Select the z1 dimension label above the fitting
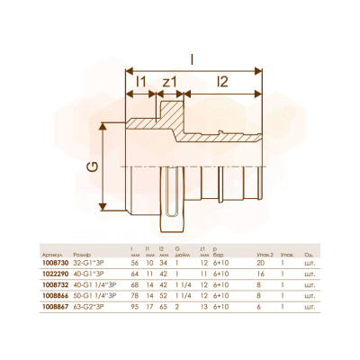coord(170,82)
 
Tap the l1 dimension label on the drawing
coord(140,82)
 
